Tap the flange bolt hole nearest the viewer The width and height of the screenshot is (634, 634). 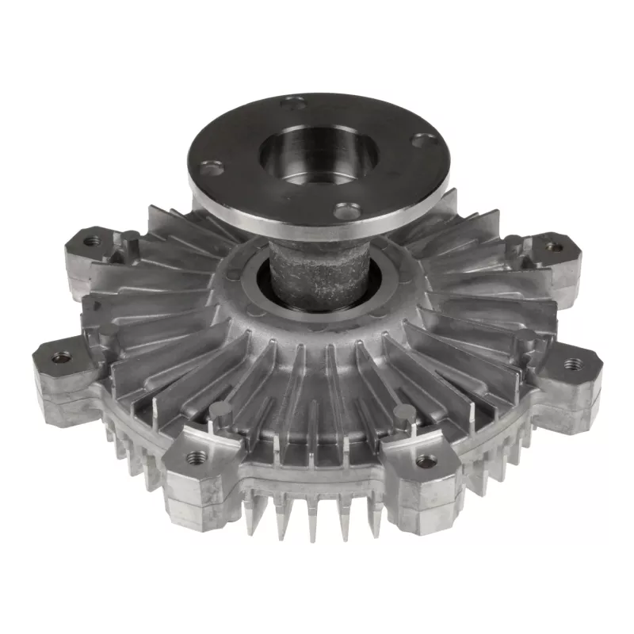(343, 211)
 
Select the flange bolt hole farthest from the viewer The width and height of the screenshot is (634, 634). (295, 101)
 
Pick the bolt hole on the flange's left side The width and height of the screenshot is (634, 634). (212, 167)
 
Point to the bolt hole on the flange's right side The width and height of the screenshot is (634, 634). (426, 142)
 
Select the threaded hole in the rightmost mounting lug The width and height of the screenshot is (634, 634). (571, 364)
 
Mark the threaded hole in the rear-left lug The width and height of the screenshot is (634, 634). (93, 239)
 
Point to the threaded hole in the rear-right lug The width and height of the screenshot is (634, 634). (554, 247)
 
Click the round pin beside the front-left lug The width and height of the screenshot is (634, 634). (223, 411)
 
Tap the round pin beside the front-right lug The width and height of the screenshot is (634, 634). (404, 412)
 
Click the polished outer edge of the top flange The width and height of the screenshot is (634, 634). (317, 223)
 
